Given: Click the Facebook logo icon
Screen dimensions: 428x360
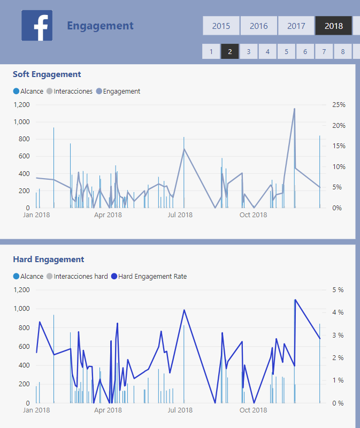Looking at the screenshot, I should (x=37, y=25).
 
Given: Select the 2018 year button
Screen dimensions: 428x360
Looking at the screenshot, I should (x=333, y=26).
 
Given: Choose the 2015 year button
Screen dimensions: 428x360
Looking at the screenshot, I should (x=221, y=26).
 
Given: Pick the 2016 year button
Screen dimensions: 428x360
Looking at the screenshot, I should (x=258, y=26).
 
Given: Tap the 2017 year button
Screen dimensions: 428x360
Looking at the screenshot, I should (x=296, y=26).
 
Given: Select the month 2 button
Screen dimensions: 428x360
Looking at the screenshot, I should (x=230, y=51).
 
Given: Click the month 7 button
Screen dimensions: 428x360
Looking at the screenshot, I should (x=324, y=51).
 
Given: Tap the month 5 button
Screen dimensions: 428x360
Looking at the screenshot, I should (x=286, y=51).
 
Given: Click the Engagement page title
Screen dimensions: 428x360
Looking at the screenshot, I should (x=100, y=26).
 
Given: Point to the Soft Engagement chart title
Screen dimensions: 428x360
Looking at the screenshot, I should (x=47, y=74).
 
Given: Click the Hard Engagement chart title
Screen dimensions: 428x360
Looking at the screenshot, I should (x=49, y=259).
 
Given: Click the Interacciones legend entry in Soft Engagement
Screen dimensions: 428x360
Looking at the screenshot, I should (x=73, y=91).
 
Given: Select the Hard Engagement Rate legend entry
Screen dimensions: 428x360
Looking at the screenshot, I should (x=152, y=277).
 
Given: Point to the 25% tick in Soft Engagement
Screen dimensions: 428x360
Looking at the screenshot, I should (x=339, y=105).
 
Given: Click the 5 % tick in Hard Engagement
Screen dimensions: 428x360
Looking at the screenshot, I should (x=338, y=290).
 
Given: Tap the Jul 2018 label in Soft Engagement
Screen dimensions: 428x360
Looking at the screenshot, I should (x=180, y=215).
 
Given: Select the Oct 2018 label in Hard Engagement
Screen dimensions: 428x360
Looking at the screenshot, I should (x=253, y=410).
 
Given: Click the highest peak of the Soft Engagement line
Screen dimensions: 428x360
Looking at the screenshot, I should (x=294, y=109).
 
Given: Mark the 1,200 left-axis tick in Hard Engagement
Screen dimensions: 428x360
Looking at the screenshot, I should (x=21, y=290).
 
